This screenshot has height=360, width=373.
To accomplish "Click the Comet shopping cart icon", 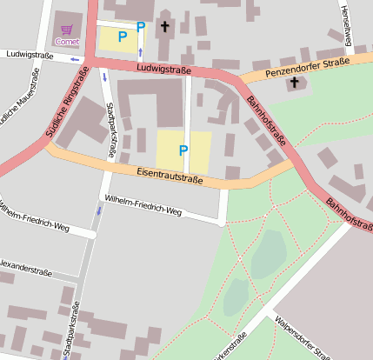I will (66, 29).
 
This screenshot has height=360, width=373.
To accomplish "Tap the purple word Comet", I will (66, 41).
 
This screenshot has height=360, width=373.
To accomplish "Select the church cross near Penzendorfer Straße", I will (294, 83).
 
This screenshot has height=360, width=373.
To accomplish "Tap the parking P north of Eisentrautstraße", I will (183, 150).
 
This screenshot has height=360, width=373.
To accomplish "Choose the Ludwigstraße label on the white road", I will (30, 56).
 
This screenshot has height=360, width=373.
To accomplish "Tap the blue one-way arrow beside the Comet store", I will (74, 60).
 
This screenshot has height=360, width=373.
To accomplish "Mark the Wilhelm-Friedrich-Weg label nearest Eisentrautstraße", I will (143, 205).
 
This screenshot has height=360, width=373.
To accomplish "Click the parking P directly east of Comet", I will (122, 37).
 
